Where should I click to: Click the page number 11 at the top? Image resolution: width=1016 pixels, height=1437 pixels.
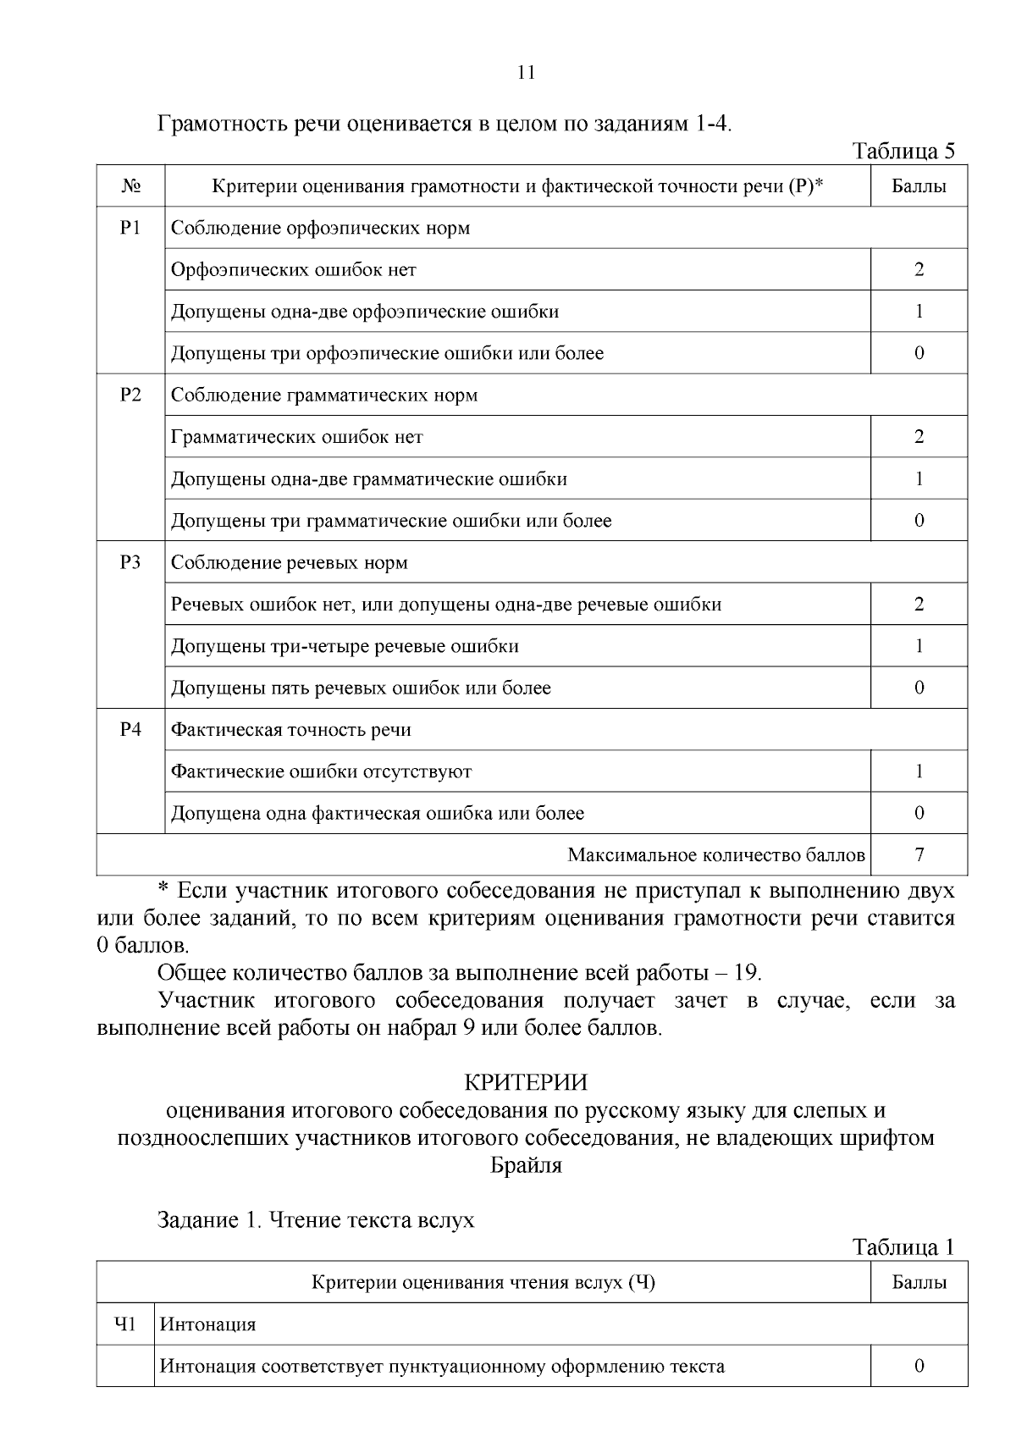[526, 73]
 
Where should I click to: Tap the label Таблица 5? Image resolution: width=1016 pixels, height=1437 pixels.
[903, 152]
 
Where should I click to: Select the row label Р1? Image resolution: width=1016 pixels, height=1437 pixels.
[130, 228]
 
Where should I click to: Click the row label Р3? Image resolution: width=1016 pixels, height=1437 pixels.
[130, 562]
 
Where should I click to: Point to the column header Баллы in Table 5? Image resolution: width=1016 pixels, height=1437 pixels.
[919, 186]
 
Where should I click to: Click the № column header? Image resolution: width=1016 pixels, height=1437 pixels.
[130, 186]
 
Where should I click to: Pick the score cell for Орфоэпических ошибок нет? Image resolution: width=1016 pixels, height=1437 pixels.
[919, 270]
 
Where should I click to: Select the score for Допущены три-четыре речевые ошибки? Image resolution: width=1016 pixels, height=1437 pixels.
[919, 646]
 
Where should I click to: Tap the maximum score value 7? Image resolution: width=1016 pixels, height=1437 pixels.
[919, 855]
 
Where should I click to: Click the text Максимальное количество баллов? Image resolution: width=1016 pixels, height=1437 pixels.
[716, 855]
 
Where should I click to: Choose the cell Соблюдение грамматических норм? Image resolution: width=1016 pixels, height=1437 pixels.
[324, 395]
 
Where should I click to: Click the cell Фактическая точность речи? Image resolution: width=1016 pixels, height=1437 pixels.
[291, 730]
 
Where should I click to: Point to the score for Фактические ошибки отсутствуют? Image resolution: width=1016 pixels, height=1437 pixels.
[919, 771]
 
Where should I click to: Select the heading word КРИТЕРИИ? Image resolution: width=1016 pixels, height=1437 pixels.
[526, 1083]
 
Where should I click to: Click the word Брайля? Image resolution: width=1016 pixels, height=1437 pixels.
[526, 1166]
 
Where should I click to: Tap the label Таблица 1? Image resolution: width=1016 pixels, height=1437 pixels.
[903, 1247]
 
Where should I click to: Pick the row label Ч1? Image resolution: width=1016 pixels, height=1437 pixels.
[125, 1324]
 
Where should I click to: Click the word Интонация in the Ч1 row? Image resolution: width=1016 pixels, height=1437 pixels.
[208, 1324]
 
